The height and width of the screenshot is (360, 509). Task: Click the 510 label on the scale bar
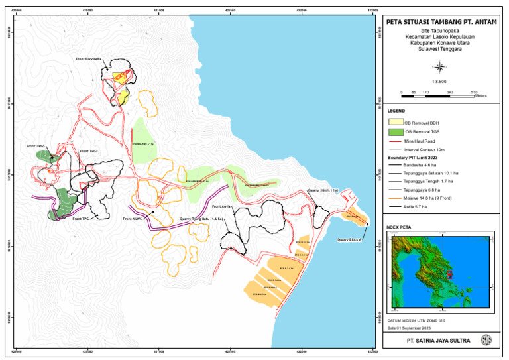474,91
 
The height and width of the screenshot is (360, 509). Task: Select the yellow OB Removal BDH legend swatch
395,123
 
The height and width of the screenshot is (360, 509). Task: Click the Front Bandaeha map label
88,59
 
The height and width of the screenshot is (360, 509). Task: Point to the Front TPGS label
36,146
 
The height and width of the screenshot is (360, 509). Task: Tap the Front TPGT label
89,151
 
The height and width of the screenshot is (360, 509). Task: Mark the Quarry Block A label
349,240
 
